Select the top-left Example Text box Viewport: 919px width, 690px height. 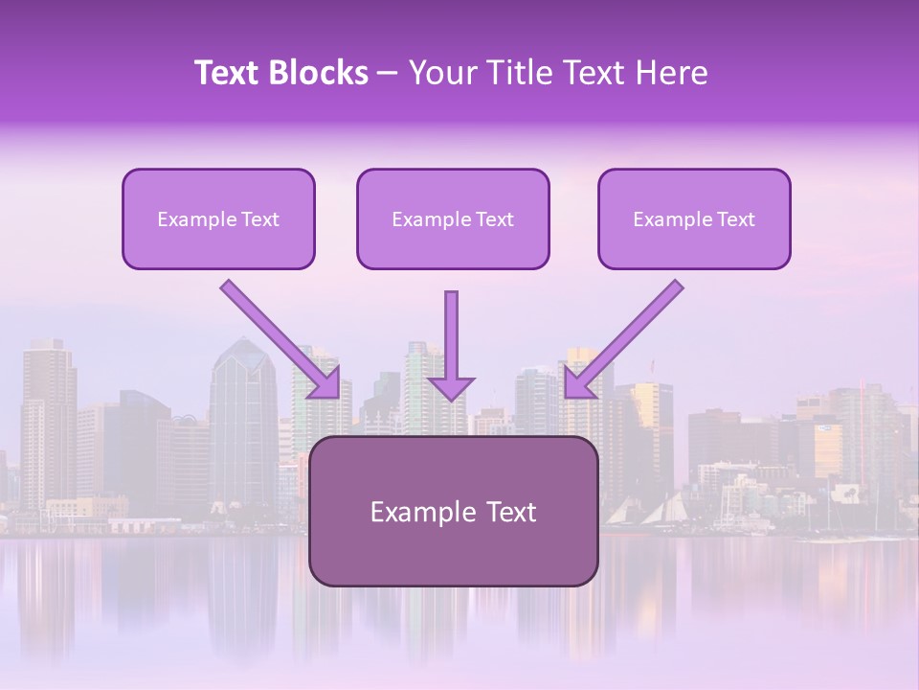coord(218,219)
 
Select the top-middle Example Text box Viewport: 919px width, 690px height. coord(453,219)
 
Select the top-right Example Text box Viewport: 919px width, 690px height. coord(694,219)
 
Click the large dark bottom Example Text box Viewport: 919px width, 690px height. coord(454,512)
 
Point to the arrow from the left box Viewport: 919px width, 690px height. coord(278,337)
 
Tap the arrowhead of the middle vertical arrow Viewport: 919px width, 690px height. coord(451,387)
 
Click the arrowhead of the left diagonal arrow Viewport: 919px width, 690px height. coord(326,384)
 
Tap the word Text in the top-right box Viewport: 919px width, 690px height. coord(735,219)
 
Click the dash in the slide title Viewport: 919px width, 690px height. coord(388,73)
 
